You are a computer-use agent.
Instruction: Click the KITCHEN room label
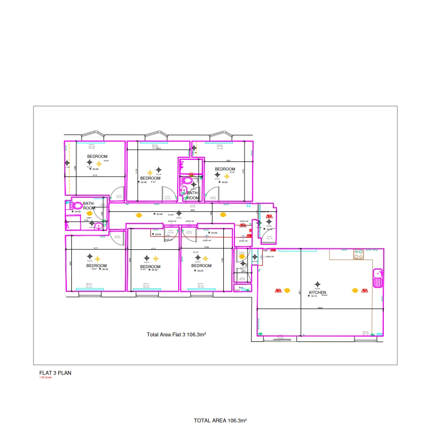pyautogui.click(x=317, y=292)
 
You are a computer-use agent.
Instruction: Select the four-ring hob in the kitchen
pyautogui.click(x=359, y=254)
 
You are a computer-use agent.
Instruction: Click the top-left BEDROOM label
pyautogui.click(x=97, y=156)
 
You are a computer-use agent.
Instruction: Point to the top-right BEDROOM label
pyautogui.click(x=225, y=169)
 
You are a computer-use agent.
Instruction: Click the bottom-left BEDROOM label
pyautogui.click(x=96, y=266)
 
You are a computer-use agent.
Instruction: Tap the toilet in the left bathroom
pyautogui.click(x=76, y=206)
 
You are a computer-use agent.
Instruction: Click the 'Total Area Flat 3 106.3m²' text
pyautogui.click(x=178, y=335)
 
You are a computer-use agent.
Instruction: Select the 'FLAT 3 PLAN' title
pyautogui.click(x=55, y=373)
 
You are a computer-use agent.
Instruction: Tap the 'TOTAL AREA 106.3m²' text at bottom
pyautogui.click(x=220, y=420)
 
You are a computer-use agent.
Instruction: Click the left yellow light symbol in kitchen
pyautogui.click(x=287, y=290)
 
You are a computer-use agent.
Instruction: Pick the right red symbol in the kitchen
pyautogui.click(x=365, y=290)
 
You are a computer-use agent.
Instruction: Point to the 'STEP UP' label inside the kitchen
pyautogui.click(x=269, y=256)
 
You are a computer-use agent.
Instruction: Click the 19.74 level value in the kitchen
pyautogui.click(x=313, y=296)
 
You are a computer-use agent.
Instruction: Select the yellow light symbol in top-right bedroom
pyautogui.click(x=227, y=175)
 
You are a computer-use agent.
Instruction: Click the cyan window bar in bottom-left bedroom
pyautogui.click(x=90, y=289)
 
